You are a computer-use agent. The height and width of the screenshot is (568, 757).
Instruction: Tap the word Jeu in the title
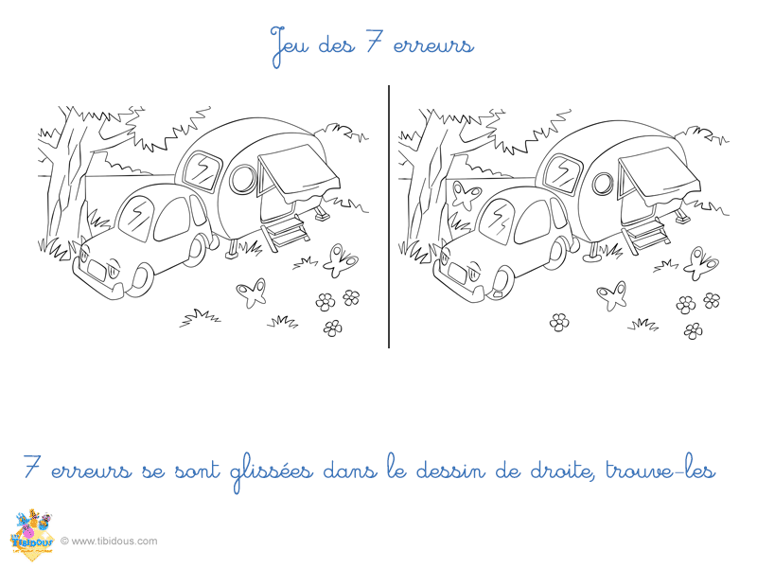pos(290,45)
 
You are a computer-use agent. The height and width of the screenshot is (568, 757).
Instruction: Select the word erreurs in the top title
pos(433,45)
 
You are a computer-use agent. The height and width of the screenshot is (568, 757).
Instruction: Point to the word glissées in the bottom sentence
pos(273,471)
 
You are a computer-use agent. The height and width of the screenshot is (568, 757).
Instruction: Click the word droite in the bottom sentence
pos(561,470)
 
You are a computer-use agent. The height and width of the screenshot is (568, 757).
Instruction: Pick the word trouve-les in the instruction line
pos(660,470)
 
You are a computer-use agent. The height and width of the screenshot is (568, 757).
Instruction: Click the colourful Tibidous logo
pos(31,535)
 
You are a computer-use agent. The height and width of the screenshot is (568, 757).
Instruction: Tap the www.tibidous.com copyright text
pos(109,541)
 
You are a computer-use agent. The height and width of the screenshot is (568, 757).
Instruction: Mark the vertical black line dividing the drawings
pos(389,217)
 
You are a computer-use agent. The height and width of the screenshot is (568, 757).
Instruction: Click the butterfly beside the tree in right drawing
pos(465,194)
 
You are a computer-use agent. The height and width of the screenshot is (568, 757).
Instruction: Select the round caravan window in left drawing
pos(242,179)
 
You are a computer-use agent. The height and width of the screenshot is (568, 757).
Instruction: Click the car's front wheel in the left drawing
pos(140,279)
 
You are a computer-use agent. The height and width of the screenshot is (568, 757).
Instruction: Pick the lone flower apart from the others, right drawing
pos(559,322)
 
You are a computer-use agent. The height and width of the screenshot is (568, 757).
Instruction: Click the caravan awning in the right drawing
pos(660,175)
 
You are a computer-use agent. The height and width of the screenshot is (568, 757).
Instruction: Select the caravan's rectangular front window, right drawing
pos(563,173)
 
